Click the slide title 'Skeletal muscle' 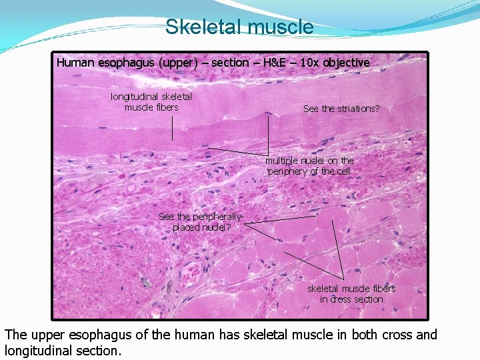click(239, 27)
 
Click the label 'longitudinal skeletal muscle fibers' click(151, 102)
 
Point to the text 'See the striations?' click(341, 108)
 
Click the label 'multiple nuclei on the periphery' click(309, 166)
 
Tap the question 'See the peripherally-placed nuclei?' click(201, 221)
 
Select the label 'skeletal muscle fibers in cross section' click(351, 294)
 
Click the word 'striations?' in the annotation click(358, 108)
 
